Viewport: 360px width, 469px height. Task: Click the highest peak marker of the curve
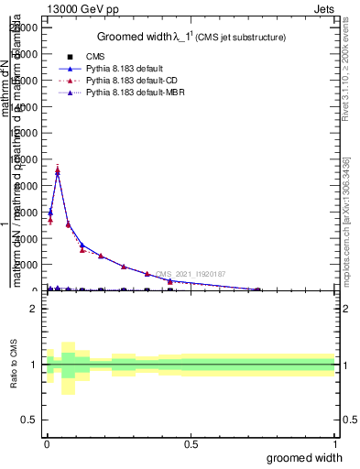pos(58,170)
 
